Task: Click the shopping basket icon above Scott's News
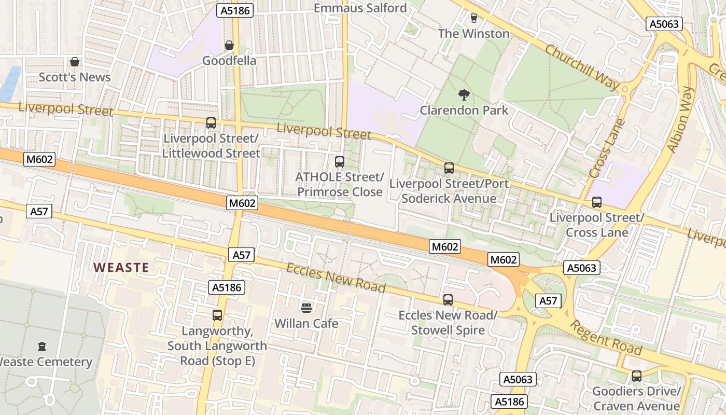(x=75, y=62)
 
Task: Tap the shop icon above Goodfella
(x=229, y=46)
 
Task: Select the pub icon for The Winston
(x=473, y=18)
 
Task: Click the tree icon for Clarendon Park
(x=464, y=94)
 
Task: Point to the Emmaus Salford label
(x=361, y=8)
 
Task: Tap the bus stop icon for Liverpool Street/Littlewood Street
(x=211, y=123)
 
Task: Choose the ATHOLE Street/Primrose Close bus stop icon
(x=340, y=162)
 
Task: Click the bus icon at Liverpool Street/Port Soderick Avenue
(x=449, y=168)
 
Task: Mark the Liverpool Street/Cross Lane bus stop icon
(x=597, y=202)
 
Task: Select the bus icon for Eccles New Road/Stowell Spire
(x=448, y=300)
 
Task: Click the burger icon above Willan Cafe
(x=306, y=308)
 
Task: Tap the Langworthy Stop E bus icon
(x=217, y=315)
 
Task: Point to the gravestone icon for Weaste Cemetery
(x=42, y=347)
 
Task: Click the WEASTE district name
(x=121, y=268)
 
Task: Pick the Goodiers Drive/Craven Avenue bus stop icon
(x=636, y=376)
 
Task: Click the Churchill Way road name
(x=581, y=67)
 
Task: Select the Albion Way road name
(x=680, y=120)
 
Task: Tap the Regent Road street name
(x=606, y=338)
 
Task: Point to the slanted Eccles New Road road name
(x=336, y=278)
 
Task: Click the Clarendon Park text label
(x=464, y=110)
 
